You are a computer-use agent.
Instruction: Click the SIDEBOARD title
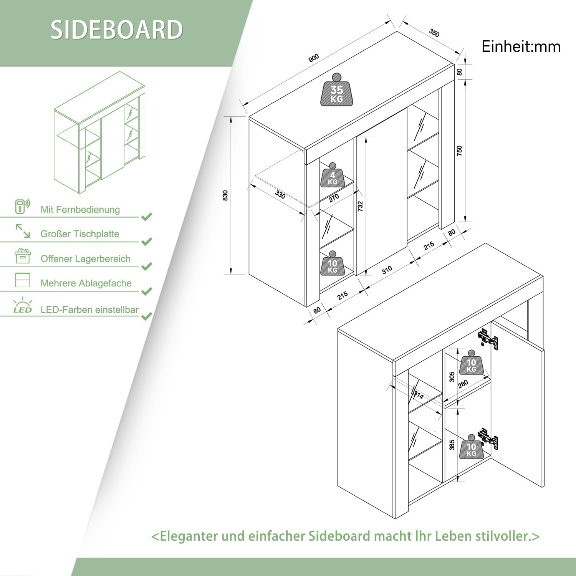pos(117,30)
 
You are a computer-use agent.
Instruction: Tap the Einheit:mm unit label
pos(521,46)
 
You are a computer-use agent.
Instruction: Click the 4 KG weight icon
pos(333,175)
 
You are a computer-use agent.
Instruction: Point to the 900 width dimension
pos(314,58)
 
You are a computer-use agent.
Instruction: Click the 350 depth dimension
pos(434,33)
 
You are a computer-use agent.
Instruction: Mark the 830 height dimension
pos(225,195)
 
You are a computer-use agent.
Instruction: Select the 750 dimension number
pos(459,151)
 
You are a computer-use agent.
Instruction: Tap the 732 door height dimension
pos(360,206)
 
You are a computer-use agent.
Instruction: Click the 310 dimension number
pos(387,270)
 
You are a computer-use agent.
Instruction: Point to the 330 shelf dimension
pos(280,195)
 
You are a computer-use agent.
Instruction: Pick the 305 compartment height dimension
pos(452,377)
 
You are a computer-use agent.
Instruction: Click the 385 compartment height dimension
pos(452,445)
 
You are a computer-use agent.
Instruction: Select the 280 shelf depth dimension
pos(463,384)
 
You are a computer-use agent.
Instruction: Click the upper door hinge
pos(488,339)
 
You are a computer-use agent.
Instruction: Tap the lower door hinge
pos(488,438)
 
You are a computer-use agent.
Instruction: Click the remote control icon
pos(22,206)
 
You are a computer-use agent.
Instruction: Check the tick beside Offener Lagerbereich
pos(147,266)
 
